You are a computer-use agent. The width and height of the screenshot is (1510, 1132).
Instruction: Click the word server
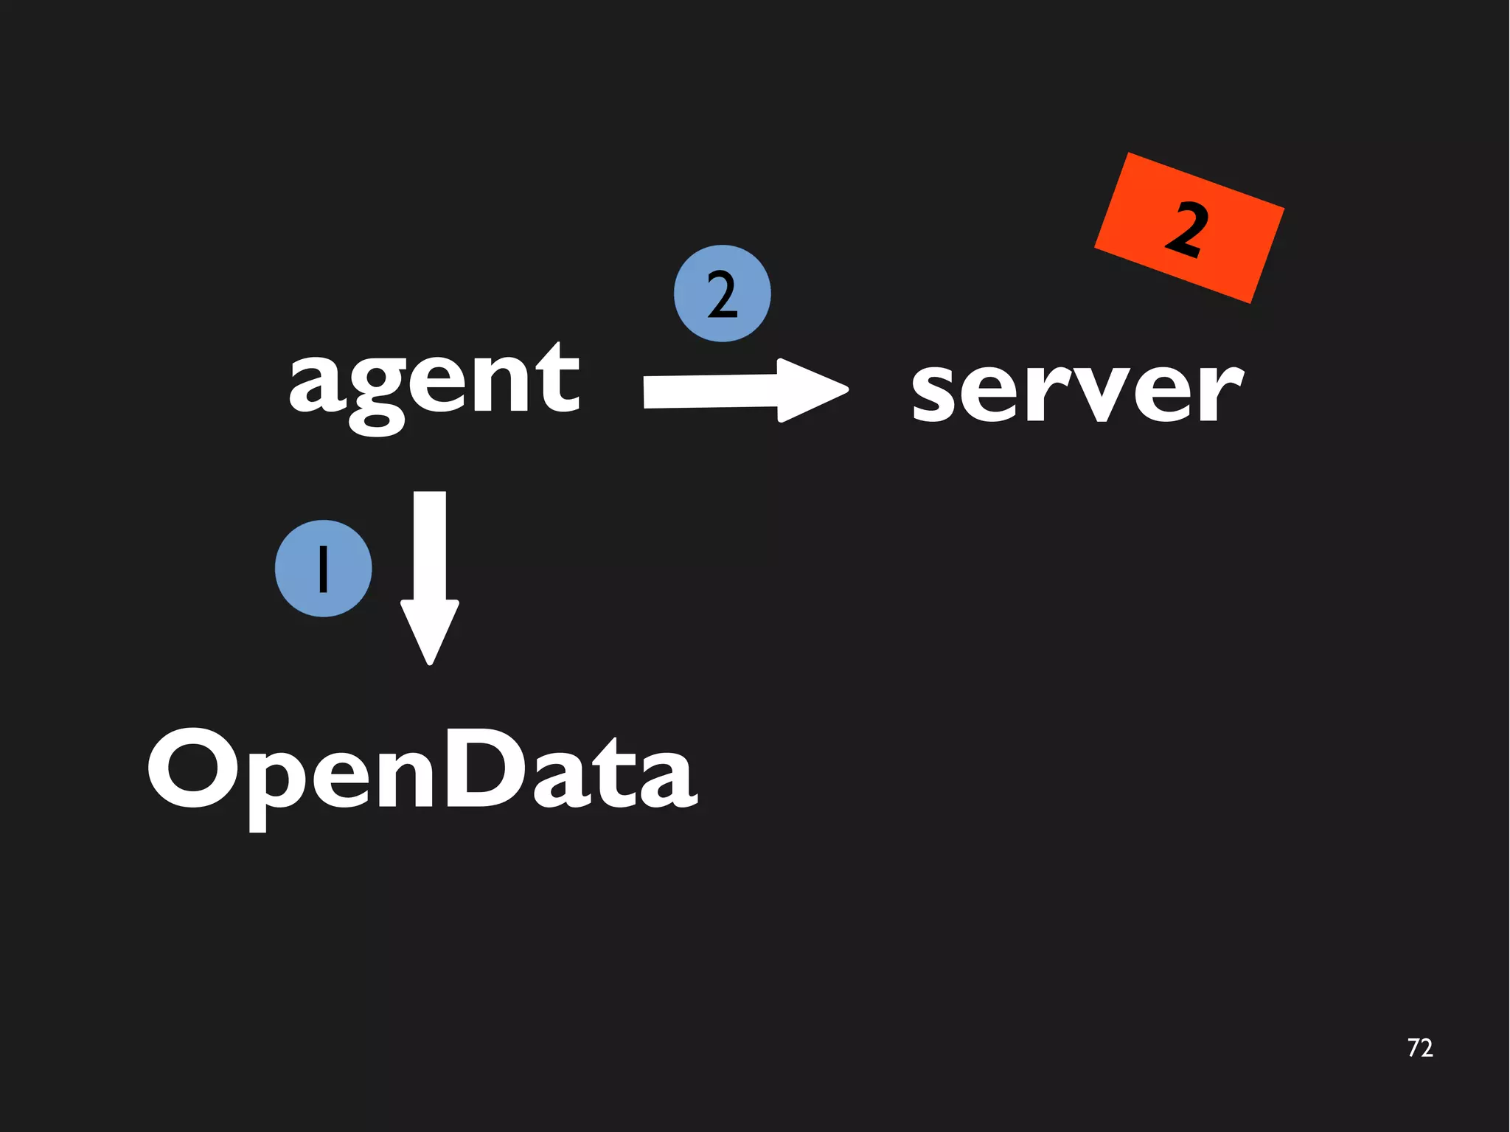coord(1076,391)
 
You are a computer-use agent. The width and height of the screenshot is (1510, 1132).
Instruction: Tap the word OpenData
coord(422,771)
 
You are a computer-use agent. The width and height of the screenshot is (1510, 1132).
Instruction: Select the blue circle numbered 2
coord(722,294)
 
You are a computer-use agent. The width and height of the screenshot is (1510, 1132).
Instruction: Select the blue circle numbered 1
coord(323,568)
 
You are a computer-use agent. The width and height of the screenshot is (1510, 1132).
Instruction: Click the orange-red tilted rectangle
coord(1189,229)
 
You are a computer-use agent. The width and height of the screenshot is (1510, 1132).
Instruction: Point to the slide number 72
coord(1419,1048)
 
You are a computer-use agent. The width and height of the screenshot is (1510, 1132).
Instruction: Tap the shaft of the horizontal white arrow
coord(708,392)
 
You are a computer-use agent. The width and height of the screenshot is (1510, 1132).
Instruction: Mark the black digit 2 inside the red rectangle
coord(1186,229)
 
